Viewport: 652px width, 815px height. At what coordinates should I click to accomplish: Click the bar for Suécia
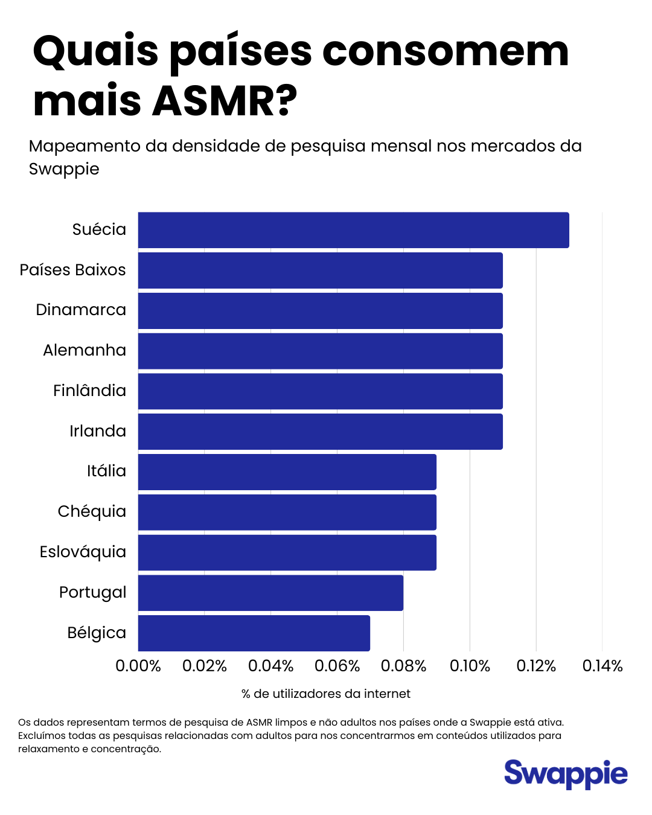coord(353,230)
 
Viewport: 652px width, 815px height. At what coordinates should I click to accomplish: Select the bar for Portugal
coord(270,593)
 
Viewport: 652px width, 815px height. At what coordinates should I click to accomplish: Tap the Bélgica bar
coord(254,633)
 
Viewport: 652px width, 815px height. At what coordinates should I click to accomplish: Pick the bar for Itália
coord(287,472)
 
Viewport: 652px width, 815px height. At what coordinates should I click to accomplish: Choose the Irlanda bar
coord(320,432)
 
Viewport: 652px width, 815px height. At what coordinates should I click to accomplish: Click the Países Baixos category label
coord(72,270)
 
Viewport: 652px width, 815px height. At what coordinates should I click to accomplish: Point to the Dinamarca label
coord(81,310)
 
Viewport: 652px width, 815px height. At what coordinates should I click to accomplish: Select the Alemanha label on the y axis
coord(85,350)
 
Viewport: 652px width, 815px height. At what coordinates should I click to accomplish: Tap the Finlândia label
coord(89,391)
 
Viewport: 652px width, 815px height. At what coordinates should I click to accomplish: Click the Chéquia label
coord(92,511)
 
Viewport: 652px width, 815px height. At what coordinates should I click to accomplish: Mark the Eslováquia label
coord(83,552)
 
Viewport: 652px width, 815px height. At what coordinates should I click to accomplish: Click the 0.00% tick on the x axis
coord(138,666)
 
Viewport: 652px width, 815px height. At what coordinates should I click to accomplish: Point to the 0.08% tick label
coord(403,666)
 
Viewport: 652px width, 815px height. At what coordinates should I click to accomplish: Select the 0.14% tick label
coord(602,666)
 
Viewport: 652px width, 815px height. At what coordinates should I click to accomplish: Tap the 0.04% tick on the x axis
coord(270,666)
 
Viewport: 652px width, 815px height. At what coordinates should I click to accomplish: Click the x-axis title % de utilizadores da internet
coord(325,694)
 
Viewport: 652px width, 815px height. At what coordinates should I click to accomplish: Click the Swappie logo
coord(566,774)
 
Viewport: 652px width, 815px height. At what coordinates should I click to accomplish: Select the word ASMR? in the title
coord(225,101)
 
